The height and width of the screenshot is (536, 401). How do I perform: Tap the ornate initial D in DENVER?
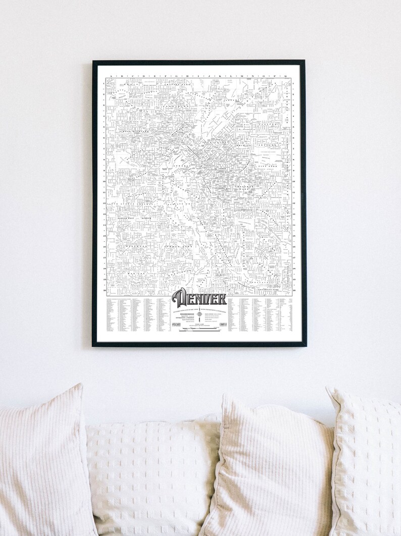pyautogui.click(x=179, y=298)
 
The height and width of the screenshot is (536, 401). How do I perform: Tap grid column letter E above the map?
pyautogui.click(x=155, y=76)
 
